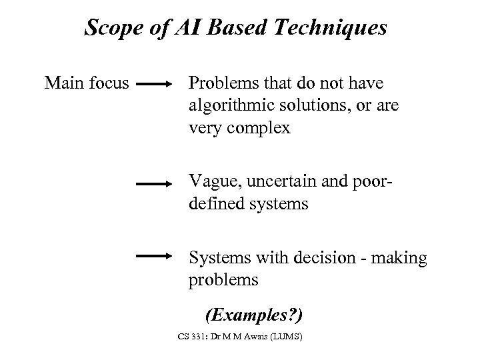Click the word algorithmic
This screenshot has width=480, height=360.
[x=227, y=106]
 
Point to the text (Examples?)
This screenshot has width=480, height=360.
[x=254, y=313]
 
